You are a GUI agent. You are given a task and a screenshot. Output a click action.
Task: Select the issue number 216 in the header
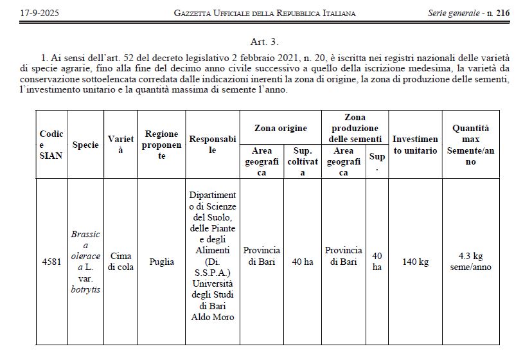click(x=502, y=13)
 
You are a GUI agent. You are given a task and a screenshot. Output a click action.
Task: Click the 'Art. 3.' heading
click(x=265, y=42)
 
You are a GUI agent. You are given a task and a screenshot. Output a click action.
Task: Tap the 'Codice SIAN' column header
click(x=51, y=145)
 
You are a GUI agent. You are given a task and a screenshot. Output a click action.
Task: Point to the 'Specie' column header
click(x=85, y=145)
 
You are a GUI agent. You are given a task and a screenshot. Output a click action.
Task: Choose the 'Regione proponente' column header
click(x=161, y=145)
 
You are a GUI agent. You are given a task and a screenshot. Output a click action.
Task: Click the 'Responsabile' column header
click(x=213, y=145)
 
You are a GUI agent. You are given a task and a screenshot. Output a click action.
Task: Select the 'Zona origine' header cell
click(x=281, y=129)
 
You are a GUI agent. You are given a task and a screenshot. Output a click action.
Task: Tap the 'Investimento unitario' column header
click(x=415, y=145)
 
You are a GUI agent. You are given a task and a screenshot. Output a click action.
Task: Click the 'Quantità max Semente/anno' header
click(x=470, y=145)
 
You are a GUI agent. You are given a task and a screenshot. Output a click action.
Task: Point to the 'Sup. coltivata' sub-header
click(x=303, y=161)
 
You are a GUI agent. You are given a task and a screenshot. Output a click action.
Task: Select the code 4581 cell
click(x=51, y=262)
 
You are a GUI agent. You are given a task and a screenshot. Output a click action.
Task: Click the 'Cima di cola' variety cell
click(x=121, y=262)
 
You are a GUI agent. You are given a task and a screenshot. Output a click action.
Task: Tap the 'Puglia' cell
click(x=161, y=262)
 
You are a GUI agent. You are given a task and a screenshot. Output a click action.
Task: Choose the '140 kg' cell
click(x=415, y=262)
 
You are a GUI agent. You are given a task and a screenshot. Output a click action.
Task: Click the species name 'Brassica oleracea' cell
click(x=85, y=262)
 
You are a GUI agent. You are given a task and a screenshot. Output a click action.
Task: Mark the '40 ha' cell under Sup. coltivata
click(x=303, y=262)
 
